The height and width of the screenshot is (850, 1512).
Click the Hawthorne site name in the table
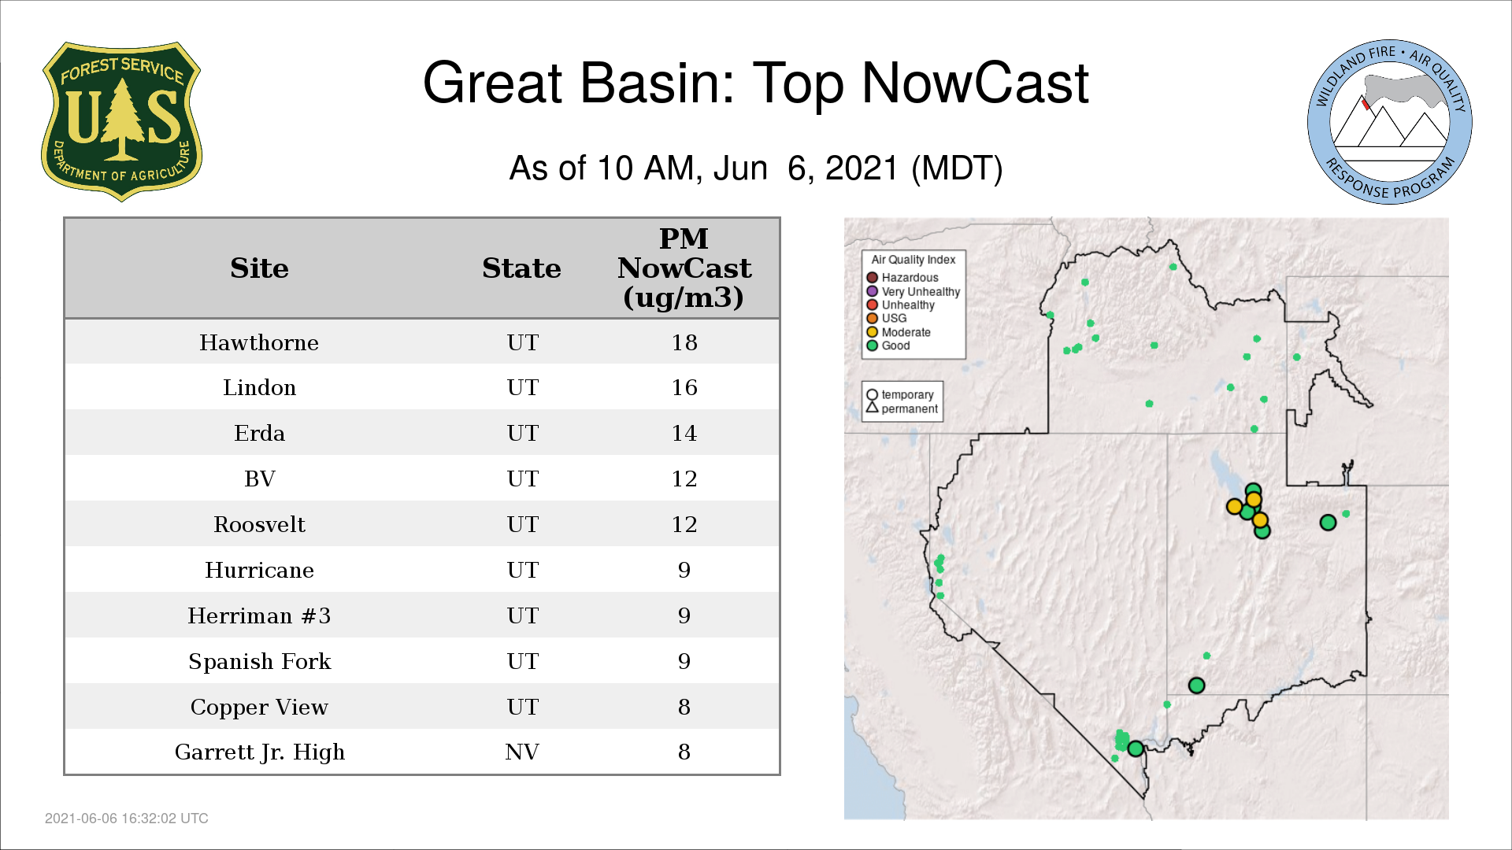pyautogui.click(x=259, y=342)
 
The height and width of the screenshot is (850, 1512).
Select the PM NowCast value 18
pyautogui.click(x=684, y=342)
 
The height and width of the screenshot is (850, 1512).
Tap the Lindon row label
pyautogui.click(x=259, y=387)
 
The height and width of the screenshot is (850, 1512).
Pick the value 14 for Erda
pyautogui.click(x=684, y=433)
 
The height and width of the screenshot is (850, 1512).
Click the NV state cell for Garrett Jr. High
pyautogui.click(x=522, y=752)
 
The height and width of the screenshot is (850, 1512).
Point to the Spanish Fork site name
pyautogui.click(x=259, y=661)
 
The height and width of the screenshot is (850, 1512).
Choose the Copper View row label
pyautogui.click(x=259, y=707)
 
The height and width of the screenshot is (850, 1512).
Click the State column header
pyautogui.click(x=521, y=268)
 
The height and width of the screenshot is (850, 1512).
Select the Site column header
pyautogui.click(x=259, y=268)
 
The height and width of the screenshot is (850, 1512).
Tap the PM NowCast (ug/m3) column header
pyautogui.click(x=684, y=268)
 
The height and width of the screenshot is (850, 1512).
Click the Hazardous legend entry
pyautogui.click(x=902, y=278)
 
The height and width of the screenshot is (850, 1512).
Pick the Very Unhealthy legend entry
pyautogui.click(x=913, y=291)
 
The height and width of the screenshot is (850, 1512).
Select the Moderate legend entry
pyautogui.click(x=899, y=332)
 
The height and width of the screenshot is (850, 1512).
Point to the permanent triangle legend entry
pyautogui.click(x=902, y=408)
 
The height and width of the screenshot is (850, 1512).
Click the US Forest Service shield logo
pyautogui.click(x=121, y=122)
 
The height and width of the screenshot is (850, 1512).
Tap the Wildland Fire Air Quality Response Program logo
pyautogui.click(x=1390, y=122)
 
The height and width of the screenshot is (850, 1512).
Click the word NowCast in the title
pyautogui.click(x=975, y=83)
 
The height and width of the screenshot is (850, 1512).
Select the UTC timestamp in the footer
pyautogui.click(x=127, y=819)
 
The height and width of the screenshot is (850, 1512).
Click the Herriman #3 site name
pyautogui.click(x=259, y=615)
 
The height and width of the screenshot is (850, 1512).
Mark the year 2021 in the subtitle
pyautogui.click(x=862, y=168)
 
